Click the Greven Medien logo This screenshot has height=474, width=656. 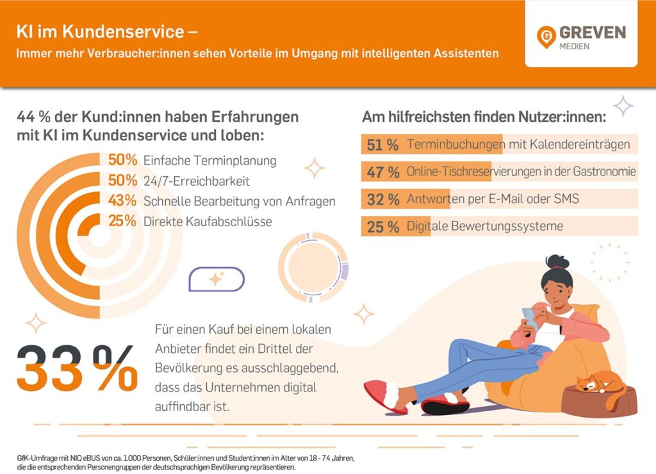point(581,38)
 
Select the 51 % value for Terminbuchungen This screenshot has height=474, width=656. point(383,145)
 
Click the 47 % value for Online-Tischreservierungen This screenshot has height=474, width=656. point(383,172)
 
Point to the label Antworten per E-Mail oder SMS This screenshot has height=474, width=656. point(493,199)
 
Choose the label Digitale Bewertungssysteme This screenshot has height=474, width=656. point(485,226)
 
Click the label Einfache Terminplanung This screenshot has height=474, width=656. point(209,161)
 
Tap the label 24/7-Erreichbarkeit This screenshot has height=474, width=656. point(196,181)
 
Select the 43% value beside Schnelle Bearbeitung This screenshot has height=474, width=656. point(122,201)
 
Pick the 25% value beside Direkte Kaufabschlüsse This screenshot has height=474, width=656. point(122,222)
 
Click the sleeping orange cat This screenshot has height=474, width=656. point(600,384)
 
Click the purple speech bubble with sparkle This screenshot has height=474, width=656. point(217,279)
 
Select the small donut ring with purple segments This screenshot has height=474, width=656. point(313,266)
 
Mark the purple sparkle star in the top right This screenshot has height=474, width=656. point(622,106)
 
